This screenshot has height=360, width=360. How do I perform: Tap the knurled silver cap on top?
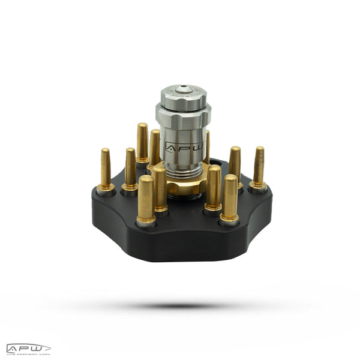tap(184, 96)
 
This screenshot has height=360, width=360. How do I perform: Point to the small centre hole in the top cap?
tap(184, 89)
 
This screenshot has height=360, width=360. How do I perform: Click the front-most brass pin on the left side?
tap(146, 199)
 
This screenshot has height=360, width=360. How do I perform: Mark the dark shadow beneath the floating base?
tap(180, 305)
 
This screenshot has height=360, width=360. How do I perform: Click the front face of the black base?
tap(180, 246)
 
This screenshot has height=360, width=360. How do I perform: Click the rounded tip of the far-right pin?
tap(259, 150)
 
